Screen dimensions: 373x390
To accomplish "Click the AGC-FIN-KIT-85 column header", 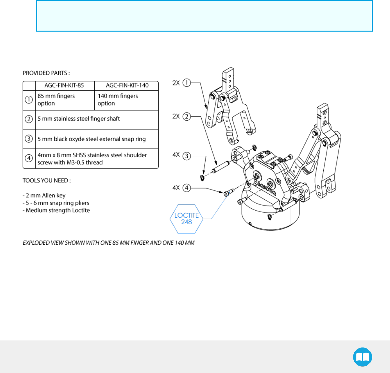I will tap(64, 86).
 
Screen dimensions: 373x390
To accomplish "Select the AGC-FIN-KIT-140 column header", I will tap(127, 86).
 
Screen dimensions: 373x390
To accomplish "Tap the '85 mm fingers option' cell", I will tap(56, 100).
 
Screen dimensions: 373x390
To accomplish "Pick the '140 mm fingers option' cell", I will tap(118, 100).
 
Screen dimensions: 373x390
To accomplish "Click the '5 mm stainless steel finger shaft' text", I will tap(79, 119).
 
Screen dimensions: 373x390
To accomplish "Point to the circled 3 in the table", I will tap(29, 139).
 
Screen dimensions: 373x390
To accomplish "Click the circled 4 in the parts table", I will tap(29, 158).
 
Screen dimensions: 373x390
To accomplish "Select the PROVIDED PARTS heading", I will tap(46, 73).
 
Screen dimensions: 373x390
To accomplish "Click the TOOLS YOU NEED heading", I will tap(47, 181).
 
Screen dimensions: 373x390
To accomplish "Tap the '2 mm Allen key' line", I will tap(44, 196).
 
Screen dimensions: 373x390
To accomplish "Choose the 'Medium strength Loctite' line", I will tap(56, 210).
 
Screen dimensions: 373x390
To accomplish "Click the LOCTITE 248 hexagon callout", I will tap(186, 219).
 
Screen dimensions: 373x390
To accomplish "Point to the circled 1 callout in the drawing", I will tap(186, 83).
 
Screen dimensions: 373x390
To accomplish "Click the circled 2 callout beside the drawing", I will tap(186, 116).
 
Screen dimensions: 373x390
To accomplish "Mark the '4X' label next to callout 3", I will tap(176, 155).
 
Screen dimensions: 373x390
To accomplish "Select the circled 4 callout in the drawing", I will tap(186, 188).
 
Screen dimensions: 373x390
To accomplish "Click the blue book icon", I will tap(362, 357).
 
